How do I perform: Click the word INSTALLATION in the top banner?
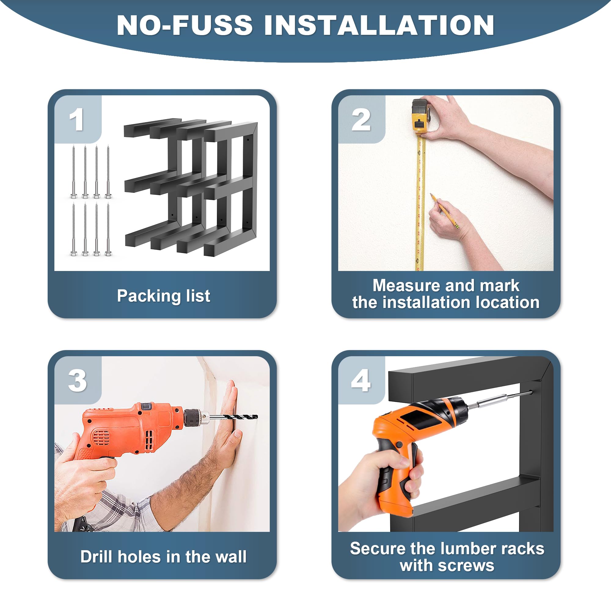click(x=379, y=25)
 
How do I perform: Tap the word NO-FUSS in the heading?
click(x=185, y=25)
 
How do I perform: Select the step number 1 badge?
click(x=78, y=119)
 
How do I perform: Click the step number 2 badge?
click(x=361, y=119)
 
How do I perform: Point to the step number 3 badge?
click(x=78, y=380)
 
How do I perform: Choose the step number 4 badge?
click(x=361, y=380)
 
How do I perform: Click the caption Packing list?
click(x=163, y=296)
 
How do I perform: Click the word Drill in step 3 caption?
click(x=96, y=557)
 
